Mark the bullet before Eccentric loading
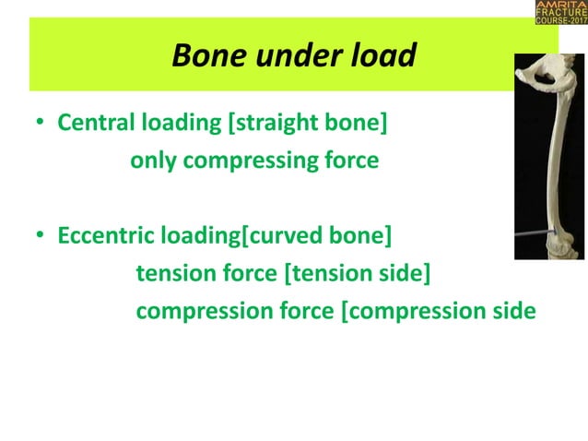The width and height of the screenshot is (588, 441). (x=41, y=238)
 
